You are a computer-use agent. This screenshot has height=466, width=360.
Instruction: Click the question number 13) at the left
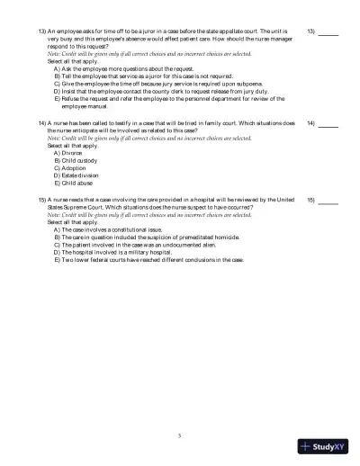point(42,30)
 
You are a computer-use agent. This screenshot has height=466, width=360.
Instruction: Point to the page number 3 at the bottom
point(180,435)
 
